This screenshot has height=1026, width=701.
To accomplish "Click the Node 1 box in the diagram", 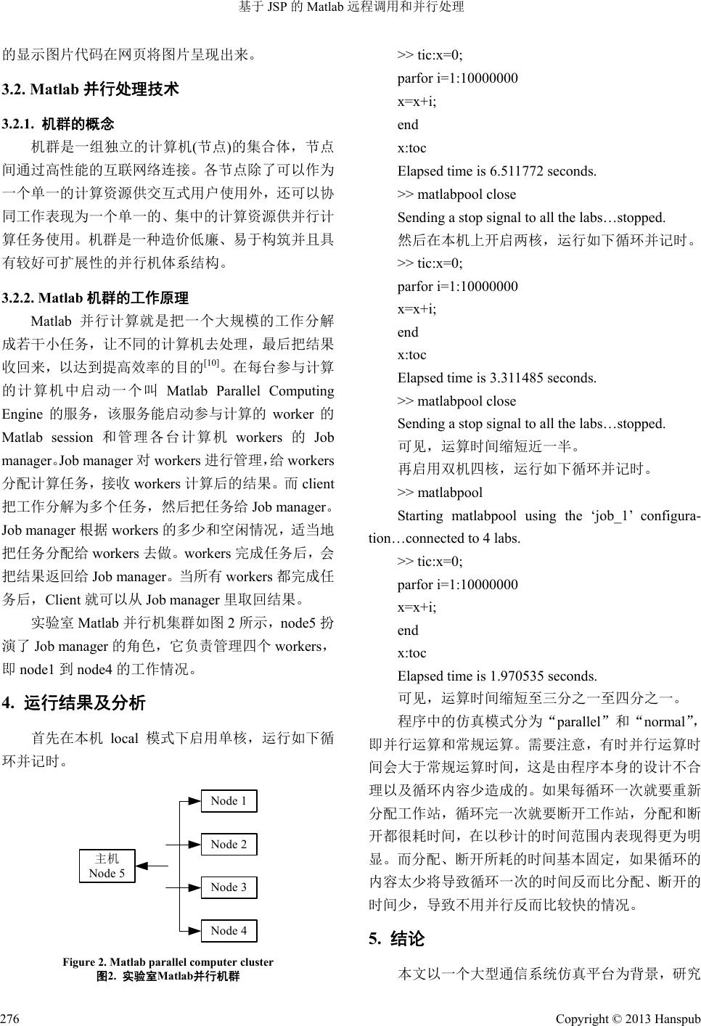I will [229, 801].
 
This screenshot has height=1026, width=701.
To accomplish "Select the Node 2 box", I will [229, 845].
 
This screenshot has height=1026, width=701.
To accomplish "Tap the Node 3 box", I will [229, 887].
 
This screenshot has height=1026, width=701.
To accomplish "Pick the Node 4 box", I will [229, 931].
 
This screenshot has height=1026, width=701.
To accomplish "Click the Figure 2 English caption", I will [168, 962].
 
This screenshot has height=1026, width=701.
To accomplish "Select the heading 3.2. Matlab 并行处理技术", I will [91, 90].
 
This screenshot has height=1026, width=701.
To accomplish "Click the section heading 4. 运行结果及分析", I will [75, 702].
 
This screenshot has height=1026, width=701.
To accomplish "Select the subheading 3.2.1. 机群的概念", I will [59, 124].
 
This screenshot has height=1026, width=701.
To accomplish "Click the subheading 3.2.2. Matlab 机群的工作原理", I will [96, 297].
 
